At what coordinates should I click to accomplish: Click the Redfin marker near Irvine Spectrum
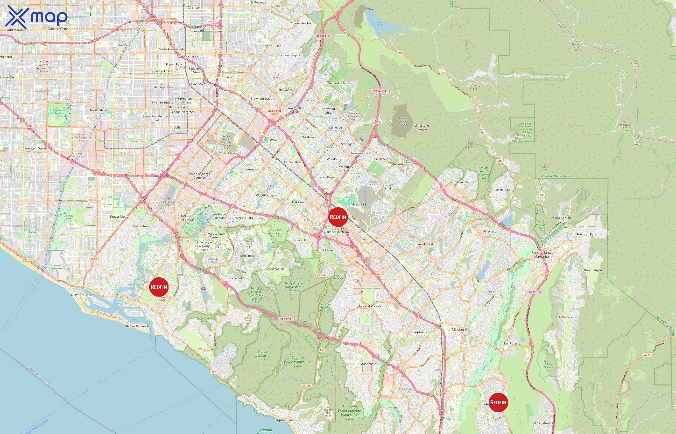point(338,217)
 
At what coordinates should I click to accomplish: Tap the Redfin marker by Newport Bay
point(159,287)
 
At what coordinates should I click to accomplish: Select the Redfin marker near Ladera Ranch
point(498,402)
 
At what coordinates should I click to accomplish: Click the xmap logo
point(36,17)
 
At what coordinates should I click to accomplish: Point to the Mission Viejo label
point(462,329)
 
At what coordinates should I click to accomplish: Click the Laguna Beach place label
point(285,420)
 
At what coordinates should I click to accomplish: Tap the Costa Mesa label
point(119,217)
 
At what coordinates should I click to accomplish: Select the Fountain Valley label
point(35,148)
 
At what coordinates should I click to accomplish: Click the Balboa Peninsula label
point(138,326)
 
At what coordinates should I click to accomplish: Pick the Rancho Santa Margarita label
point(542,254)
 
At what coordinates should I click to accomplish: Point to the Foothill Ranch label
point(458,182)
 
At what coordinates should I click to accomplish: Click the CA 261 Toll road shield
point(322,36)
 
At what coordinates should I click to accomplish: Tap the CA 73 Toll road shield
point(286,319)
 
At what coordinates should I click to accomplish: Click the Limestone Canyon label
point(422,127)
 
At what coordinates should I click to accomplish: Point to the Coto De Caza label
point(564,317)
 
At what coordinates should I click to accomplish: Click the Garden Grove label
point(58,29)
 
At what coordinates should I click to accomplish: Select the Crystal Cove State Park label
point(262,356)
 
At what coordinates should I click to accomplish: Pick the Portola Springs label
point(383,159)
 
